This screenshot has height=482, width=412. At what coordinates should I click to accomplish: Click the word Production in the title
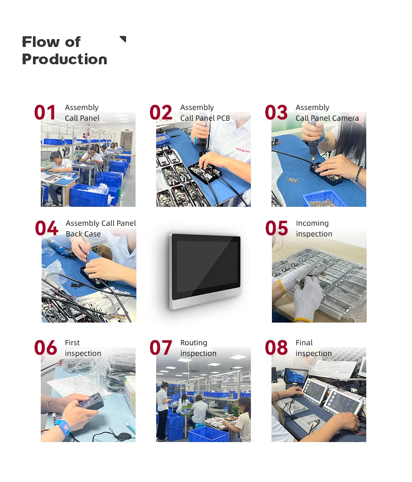[x=64, y=59]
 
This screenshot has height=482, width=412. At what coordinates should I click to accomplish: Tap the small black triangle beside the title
[x=123, y=39]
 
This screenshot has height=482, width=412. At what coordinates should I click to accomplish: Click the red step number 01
[x=45, y=113]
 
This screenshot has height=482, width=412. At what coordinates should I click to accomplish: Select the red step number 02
[x=161, y=113]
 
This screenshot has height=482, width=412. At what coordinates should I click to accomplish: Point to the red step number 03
[x=276, y=113]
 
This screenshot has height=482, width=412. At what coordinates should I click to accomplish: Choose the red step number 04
[x=46, y=229]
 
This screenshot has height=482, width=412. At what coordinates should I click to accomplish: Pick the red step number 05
[x=276, y=229]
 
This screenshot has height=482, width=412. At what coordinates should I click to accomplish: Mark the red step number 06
[x=45, y=348]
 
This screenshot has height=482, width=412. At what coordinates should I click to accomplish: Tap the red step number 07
[x=161, y=348]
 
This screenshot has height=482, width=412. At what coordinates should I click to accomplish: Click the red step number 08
[x=276, y=348]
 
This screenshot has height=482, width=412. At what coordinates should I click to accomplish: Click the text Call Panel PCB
[x=205, y=118]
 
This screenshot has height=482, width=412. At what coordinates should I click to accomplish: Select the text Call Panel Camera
[x=327, y=118]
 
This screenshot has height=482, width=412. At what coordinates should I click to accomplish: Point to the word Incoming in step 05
[x=312, y=223]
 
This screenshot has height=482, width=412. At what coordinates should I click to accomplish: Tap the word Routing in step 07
[x=194, y=343]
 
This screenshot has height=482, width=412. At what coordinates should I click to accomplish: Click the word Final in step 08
[x=304, y=343]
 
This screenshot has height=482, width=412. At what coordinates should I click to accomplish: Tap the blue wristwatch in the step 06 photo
[x=62, y=427]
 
